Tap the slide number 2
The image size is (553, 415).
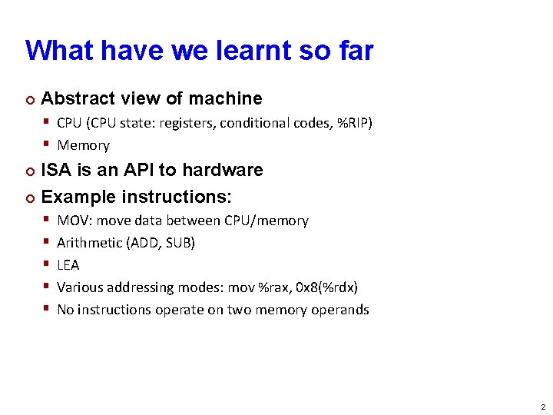coord(543,407)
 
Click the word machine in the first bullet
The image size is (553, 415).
coord(225,98)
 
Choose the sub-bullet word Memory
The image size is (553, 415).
coord(84,145)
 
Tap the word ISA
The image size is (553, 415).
coord(56,170)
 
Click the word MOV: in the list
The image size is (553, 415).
coord(75,221)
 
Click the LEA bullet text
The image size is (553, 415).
coord(68,265)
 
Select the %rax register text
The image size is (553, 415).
coord(271,287)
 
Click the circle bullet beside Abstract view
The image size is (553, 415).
coord(30,99)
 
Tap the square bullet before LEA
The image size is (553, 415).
coord(47,265)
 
